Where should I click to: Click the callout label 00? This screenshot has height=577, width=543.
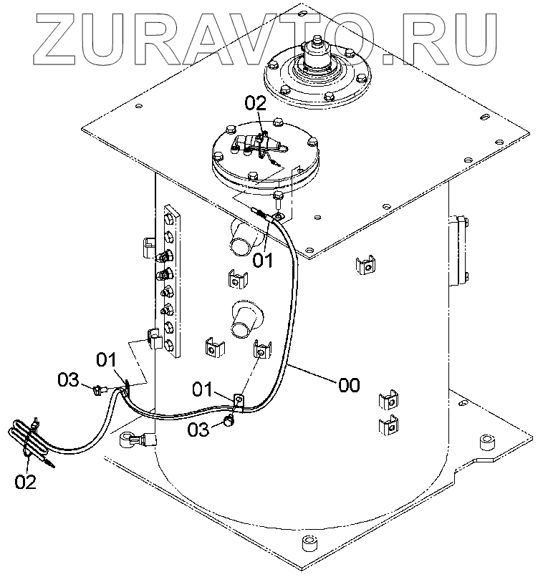click(349, 385)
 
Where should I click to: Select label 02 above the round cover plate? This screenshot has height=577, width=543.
click(255, 102)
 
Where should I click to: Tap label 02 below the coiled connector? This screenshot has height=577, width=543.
click(25, 482)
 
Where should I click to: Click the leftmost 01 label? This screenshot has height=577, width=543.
click(106, 358)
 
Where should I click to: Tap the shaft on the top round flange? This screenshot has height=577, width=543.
click(312, 53)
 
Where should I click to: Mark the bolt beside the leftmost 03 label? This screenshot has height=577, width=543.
click(97, 389)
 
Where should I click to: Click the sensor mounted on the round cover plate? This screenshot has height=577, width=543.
click(259, 147)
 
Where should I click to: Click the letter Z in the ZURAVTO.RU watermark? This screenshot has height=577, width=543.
click(54, 31)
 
